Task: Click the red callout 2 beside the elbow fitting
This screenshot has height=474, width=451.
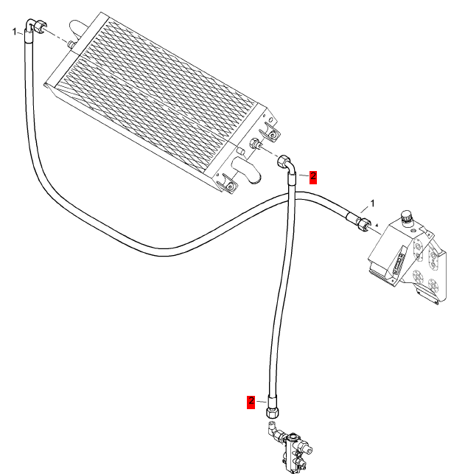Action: (x=312, y=176)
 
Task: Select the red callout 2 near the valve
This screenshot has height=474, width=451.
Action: (x=251, y=401)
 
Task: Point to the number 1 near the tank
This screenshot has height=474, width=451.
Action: (x=373, y=203)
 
